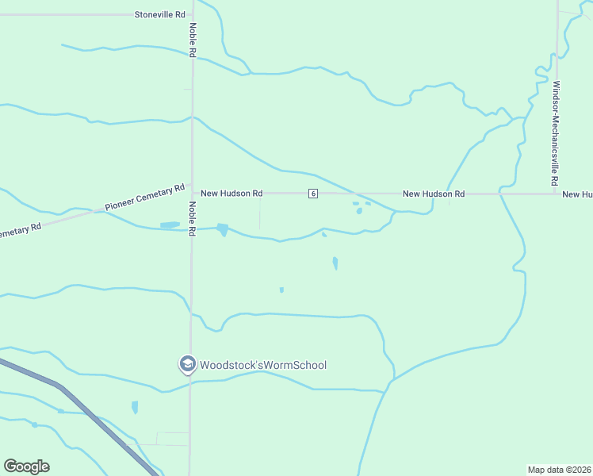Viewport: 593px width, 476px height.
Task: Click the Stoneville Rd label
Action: pos(159,14)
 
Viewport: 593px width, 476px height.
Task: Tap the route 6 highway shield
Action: pos(314,194)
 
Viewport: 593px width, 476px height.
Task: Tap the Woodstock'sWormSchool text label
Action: pos(262,365)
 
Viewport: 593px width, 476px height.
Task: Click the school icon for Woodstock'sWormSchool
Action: pos(187,365)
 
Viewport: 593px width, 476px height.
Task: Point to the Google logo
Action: pos(26,466)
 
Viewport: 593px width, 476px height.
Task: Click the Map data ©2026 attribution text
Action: pos(560,469)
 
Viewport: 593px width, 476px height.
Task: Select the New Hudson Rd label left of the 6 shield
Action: pos(231,193)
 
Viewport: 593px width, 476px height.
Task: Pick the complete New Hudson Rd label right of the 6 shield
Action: pos(433,194)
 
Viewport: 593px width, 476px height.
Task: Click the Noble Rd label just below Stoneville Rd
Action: pos(193,39)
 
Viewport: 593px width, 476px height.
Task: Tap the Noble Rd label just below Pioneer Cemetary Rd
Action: pos(193,219)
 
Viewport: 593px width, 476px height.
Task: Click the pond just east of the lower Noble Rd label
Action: pos(222,230)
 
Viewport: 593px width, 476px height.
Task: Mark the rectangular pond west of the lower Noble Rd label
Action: pos(170,225)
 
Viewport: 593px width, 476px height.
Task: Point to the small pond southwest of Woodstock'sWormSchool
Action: pos(135,407)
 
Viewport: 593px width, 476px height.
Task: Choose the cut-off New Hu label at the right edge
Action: pos(577,194)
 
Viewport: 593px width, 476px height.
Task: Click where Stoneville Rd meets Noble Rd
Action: pos(192,14)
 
